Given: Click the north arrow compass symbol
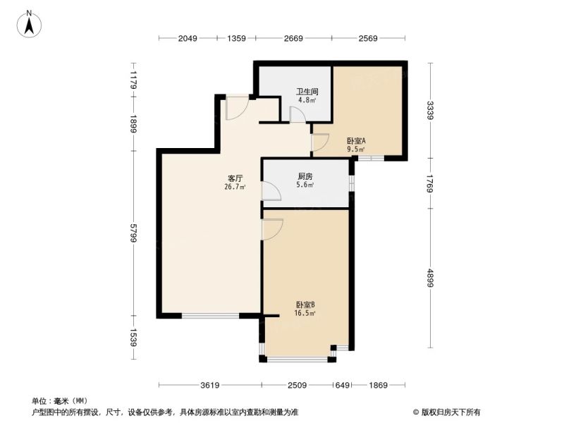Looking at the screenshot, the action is coord(29,24).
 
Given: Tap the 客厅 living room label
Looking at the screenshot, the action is coord(235,178).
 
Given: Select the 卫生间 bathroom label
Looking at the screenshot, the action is coord(307,92).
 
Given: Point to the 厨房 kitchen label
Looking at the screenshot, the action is coord(305,176).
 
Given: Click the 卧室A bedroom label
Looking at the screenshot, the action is coord(356,140).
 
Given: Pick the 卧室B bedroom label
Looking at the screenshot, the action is coord(305,305).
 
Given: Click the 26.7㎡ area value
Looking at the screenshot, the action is coord(235,187).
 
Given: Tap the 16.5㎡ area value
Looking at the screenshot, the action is coord(305,313).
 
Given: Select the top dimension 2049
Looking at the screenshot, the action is coord(188,38).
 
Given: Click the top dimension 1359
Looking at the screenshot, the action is coord(236,38).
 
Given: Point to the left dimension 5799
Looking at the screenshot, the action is coord(134,233).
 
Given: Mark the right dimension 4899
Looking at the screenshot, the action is coord(431,278).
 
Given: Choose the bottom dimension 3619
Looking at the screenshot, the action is coord(210,385).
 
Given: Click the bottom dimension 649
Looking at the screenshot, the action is coord(342,385).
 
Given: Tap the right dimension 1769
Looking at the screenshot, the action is coord(431,183).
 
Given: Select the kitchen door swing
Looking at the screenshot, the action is coord(271,190).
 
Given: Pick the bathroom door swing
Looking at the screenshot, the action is coord(298,115).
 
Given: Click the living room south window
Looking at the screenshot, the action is coord(210,316).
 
